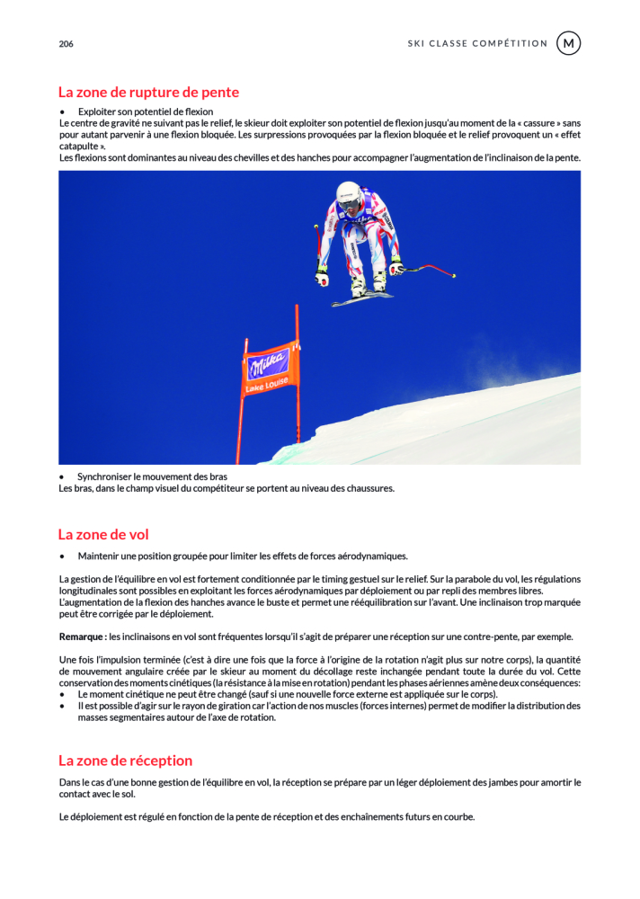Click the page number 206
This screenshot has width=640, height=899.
[x=66, y=43]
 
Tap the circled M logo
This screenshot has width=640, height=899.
[x=568, y=43]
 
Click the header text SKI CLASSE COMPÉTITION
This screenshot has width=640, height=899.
[x=477, y=43]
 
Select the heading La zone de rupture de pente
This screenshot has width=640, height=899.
[x=148, y=92]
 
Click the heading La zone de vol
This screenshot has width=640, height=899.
[x=103, y=534]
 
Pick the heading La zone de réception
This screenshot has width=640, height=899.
[x=125, y=761]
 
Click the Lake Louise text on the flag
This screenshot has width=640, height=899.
[x=267, y=384]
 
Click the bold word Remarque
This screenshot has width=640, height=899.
[x=82, y=636]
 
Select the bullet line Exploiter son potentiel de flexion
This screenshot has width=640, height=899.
[x=145, y=111]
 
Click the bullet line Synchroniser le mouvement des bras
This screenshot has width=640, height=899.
[x=152, y=476]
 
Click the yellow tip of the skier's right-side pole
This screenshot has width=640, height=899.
[x=454, y=276]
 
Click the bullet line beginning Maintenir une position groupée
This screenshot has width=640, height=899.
[x=242, y=556]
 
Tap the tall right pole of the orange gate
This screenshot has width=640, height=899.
[x=298, y=378]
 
